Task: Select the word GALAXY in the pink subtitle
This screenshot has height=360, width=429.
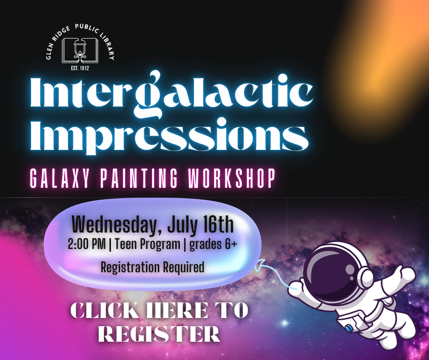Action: (60, 178)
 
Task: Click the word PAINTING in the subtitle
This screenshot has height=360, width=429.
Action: (139, 178)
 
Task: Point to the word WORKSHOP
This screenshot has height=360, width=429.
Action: (232, 178)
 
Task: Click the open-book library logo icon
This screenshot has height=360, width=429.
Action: (80, 51)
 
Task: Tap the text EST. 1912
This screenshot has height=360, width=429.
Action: (80, 68)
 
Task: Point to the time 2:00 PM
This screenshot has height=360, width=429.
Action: (87, 244)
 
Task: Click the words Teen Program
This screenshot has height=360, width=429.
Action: (147, 244)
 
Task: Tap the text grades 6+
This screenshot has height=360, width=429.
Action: (213, 244)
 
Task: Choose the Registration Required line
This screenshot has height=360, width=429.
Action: (153, 267)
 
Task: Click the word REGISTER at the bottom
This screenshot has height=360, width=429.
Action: (159, 333)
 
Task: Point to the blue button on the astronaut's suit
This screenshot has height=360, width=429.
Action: (349, 328)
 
